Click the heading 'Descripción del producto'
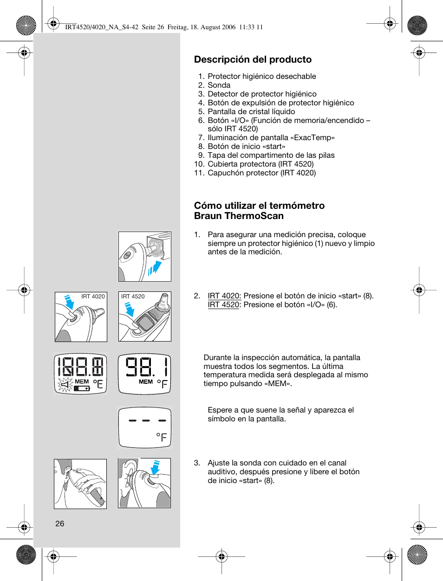click(253, 59)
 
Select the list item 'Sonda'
click(219, 85)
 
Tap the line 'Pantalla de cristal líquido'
click(251, 111)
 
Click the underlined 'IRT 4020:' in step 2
click(224, 296)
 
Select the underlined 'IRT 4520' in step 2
click(223, 304)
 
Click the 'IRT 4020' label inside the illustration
click(93, 296)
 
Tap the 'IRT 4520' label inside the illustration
click(133, 296)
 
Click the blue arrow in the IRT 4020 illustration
click(70, 303)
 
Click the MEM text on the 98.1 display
click(145, 381)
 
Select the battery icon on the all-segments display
click(82, 388)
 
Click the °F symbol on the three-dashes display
click(162, 437)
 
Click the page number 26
click(60, 523)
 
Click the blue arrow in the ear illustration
click(156, 467)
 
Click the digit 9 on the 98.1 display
click(132, 366)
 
